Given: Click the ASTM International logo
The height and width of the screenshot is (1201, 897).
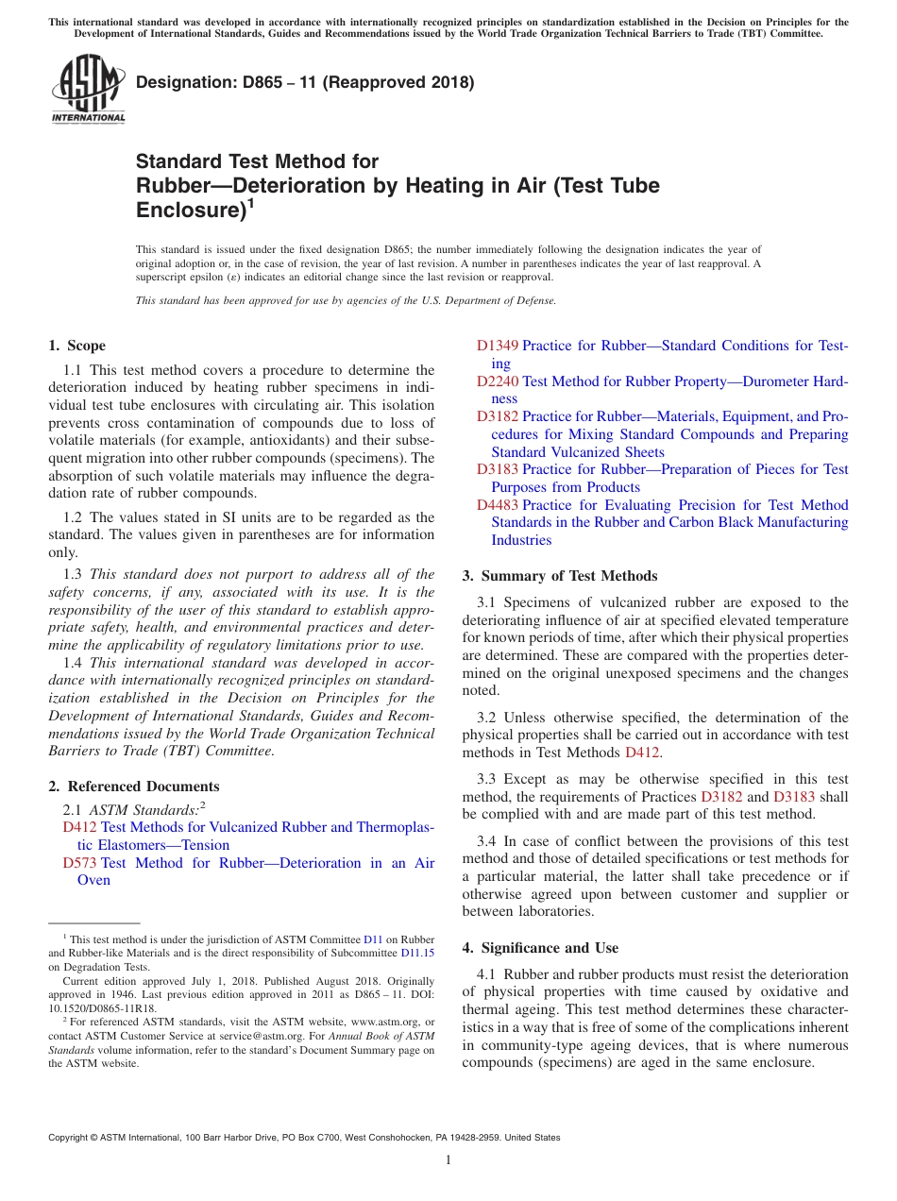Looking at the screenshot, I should (x=88, y=90).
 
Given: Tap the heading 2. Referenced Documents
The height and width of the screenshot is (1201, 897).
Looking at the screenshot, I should (x=133, y=787).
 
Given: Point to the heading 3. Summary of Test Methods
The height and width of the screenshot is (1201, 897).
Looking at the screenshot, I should (x=560, y=576).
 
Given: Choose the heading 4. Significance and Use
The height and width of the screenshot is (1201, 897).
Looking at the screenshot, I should (x=540, y=948).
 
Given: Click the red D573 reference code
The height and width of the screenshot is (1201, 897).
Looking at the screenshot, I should (x=79, y=863).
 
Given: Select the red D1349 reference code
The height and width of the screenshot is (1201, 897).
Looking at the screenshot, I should (x=497, y=346).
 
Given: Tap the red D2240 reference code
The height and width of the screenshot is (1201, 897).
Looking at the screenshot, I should (x=497, y=381).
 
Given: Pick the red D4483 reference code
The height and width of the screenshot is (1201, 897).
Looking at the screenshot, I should (x=497, y=505).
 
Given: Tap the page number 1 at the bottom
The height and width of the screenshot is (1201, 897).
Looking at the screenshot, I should (x=448, y=1160).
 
